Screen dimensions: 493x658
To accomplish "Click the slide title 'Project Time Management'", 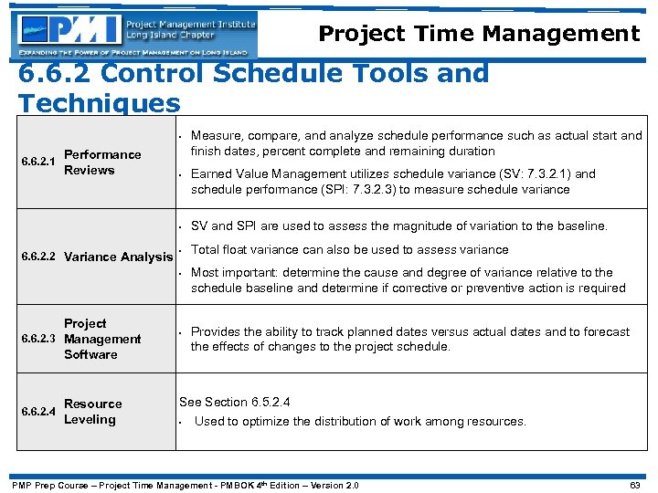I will tap(479, 35).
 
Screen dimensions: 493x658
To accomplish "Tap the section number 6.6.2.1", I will tap(37, 163).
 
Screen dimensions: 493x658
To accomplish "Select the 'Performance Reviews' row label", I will tap(102, 163).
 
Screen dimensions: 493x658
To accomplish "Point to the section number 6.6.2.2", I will tap(37, 257).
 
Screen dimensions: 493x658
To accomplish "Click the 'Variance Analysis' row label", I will tap(118, 257).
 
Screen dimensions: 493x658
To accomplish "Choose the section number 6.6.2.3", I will tap(37, 339).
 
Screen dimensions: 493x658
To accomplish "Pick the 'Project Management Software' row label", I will tap(102, 339).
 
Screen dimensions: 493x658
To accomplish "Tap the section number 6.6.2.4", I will tap(37, 412).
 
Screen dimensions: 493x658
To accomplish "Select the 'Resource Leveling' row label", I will tap(92, 412).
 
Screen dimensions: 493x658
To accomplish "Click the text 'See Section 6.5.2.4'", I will tap(239, 402).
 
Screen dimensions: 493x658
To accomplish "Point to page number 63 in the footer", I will tap(635, 485).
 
